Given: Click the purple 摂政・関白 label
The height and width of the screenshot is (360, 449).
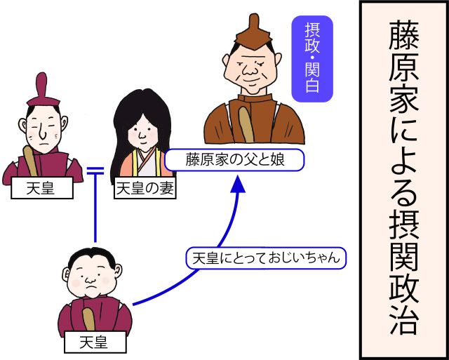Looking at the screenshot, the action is [312, 59].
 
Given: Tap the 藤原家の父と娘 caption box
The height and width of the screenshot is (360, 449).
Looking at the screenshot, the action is [234, 160].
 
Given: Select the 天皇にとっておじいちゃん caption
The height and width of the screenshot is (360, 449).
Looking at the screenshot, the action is [266, 258].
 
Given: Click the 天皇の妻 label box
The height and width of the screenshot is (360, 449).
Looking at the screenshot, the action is [145, 189].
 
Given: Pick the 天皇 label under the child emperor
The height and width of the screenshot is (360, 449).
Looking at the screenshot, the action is [95, 342].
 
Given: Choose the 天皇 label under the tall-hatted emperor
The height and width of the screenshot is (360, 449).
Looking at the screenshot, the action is [42, 188].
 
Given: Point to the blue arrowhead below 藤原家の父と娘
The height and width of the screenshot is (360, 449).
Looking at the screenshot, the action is [238, 184].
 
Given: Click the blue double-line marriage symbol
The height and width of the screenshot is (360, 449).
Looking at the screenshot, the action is [95, 171].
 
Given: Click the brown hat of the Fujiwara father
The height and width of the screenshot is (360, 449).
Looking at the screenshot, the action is [254, 33].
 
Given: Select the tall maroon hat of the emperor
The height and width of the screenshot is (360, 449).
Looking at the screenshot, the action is [43, 90].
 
